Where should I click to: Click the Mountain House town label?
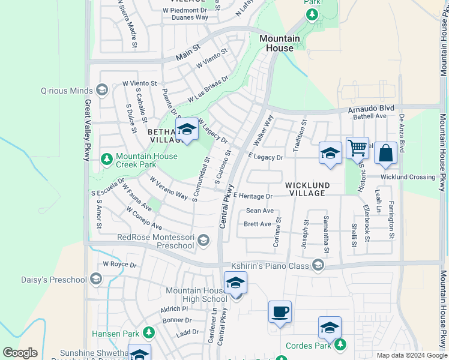pos(279,43)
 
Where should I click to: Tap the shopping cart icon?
pos(357,147)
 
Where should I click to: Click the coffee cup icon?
pos(280,312)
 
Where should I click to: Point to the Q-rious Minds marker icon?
pos(101,91)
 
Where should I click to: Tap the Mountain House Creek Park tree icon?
pos(106,159)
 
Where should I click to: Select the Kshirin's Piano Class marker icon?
pos(318,265)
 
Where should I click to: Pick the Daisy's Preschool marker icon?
pos(95,279)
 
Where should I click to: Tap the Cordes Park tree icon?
pos(341,344)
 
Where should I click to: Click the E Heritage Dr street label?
pos(253,196)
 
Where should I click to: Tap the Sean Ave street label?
pos(260,211)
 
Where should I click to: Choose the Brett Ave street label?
pos(258,224)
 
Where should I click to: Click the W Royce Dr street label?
pos(120,264)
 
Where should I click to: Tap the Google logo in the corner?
pos(20,353)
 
